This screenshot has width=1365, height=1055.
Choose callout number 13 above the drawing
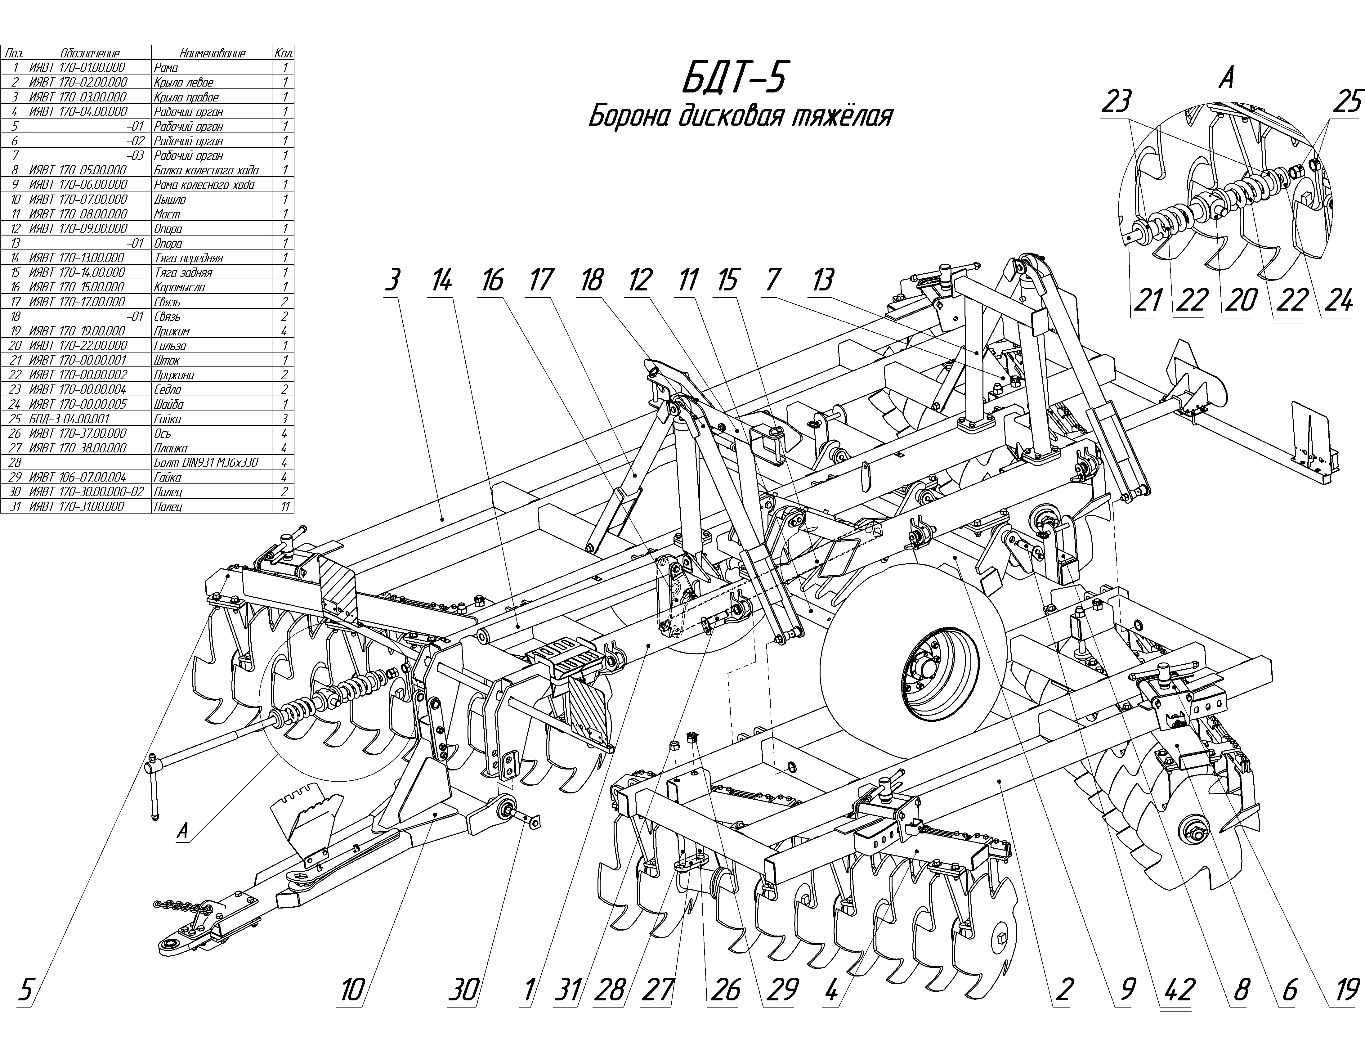click(822, 281)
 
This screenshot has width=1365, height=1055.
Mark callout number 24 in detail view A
click(1337, 302)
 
